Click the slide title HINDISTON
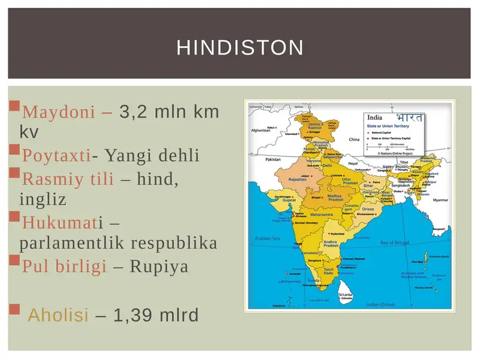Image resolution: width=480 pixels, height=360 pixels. coord(240,47)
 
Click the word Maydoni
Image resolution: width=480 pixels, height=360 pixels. coord(58,112)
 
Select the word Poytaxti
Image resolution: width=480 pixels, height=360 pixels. coord(56,156)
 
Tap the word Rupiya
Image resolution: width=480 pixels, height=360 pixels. coord(159,266)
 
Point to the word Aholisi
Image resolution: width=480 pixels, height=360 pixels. coord(58,314)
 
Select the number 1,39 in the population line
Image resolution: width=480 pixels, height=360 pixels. coord(136,314)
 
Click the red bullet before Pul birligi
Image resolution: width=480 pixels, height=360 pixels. coord(14,260)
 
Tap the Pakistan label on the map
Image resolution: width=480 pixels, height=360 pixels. coord(273,160)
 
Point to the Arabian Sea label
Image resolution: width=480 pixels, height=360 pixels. coord(268,238)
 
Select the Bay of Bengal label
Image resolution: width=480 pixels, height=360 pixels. coord(395,242)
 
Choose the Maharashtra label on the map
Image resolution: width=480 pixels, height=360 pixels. coord(321,214)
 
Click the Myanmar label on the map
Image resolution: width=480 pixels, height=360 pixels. coord(441,200)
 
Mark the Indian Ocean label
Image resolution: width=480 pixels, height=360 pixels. coord(380,304)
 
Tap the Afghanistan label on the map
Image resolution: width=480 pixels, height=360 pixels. coord(262,130)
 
